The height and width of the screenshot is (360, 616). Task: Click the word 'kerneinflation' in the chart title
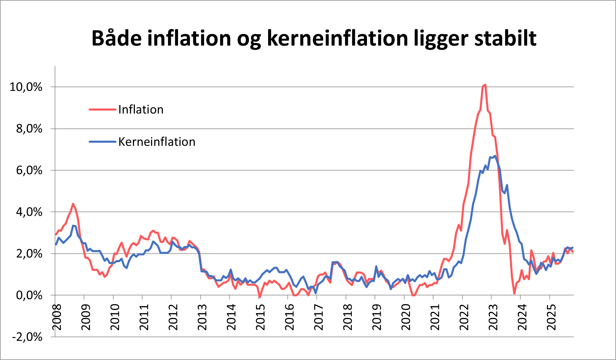click(337, 38)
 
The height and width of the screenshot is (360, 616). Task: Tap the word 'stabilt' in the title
click(505, 38)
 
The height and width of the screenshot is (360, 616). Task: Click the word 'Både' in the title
click(117, 38)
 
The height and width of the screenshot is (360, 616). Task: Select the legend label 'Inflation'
click(141, 110)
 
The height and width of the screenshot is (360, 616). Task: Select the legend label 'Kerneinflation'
click(157, 142)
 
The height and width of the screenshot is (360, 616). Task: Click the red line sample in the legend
click(102, 110)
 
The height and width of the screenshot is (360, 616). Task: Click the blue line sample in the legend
click(102, 142)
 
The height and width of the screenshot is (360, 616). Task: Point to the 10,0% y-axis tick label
click(26, 87)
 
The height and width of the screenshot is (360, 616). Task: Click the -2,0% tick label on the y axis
click(27, 337)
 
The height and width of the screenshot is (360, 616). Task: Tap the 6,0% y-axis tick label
click(29, 170)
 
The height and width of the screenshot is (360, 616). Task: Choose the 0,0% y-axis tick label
click(29, 295)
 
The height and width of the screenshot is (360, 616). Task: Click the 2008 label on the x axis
click(57, 317)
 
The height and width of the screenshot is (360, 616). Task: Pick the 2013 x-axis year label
click(202, 317)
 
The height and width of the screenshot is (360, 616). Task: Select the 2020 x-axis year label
click(406, 317)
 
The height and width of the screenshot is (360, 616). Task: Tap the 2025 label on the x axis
click(551, 317)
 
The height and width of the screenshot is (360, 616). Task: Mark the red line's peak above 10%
click(485, 85)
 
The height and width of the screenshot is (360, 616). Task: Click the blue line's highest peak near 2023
click(495, 156)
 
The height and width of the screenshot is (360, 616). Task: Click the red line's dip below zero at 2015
click(260, 297)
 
